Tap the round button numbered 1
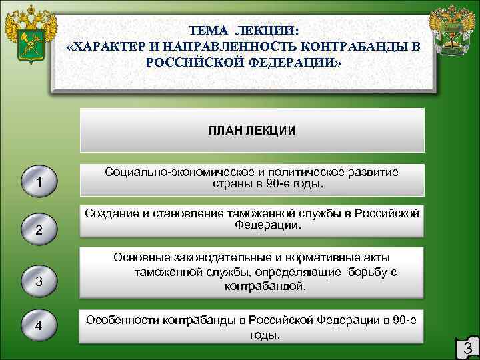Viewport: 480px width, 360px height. (39, 182)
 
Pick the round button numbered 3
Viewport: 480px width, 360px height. (39, 281)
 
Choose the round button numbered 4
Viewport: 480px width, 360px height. (39, 325)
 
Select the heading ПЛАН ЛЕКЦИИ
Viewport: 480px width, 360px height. (252, 131)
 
